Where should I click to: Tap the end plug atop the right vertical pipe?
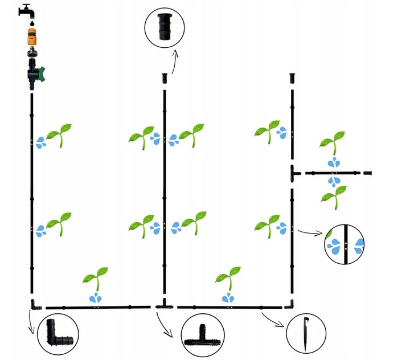click(x=292, y=77)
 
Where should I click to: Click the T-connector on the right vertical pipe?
click(x=293, y=172)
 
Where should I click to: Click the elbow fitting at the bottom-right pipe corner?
click(x=292, y=304)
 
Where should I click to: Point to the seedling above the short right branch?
click(x=331, y=143)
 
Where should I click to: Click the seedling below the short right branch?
click(x=333, y=197)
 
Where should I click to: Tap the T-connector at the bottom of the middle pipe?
click(x=164, y=304)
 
